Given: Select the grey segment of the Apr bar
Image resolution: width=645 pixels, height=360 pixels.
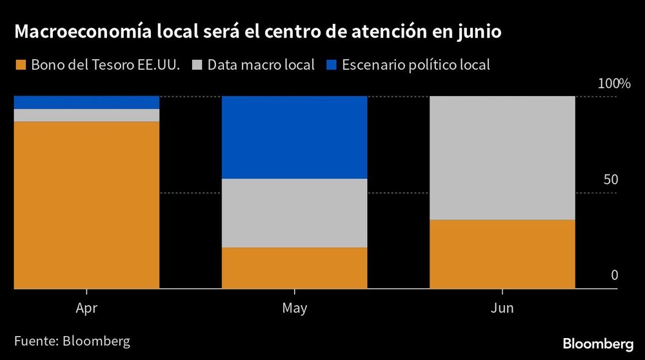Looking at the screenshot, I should click(86, 115).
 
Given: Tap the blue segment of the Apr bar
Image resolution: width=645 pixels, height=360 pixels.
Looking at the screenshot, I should click(86, 102).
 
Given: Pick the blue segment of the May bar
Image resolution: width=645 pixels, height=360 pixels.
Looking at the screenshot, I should click(294, 137).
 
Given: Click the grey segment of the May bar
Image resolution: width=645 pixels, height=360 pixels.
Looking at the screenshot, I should click(294, 212).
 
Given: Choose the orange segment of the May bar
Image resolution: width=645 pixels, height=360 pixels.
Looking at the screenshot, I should click(294, 267).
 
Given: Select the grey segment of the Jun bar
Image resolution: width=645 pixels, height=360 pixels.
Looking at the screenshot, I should click(502, 157).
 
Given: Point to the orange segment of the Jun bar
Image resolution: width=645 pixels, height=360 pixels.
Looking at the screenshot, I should click(502, 254).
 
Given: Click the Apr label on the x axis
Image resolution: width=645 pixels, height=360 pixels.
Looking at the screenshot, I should click(86, 308).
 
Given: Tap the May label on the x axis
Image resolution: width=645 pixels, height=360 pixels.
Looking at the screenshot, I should click(294, 308).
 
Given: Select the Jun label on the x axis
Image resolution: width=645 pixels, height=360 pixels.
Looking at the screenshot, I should click(502, 308).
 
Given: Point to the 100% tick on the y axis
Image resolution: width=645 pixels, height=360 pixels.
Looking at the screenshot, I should click(613, 83).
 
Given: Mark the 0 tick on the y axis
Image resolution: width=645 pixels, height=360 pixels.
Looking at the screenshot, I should click(614, 275).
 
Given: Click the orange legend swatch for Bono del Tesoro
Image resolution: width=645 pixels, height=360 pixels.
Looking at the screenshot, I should click(20, 65).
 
